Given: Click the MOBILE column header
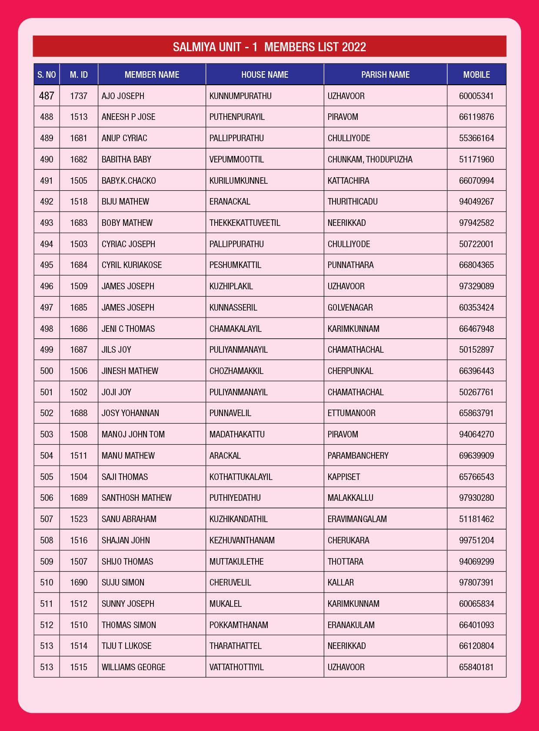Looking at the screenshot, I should click(476, 75).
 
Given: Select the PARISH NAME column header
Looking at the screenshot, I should click(385, 75).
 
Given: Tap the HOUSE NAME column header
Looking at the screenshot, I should click(265, 75).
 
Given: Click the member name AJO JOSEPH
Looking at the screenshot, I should click(123, 96).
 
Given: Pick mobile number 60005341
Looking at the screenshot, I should click(476, 96).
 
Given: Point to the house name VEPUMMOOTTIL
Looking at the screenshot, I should click(236, 159).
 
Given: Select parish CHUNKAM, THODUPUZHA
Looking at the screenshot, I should click(370, 159).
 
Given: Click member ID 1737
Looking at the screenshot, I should click(79, 96).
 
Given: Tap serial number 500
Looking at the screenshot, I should click(47, 371).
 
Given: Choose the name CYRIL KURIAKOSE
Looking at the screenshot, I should click(132, 265).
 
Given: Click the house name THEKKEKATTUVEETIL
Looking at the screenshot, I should click(245, 223).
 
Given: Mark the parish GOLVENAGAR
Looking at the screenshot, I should click(350, 308).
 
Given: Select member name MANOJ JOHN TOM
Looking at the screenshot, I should click(133, 434).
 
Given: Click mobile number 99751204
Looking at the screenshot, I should click(476, 540).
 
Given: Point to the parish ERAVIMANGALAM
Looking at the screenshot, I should click(357, 519).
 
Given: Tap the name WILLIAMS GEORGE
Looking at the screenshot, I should click(133, 667).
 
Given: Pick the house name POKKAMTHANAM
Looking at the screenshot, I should click(239, 625).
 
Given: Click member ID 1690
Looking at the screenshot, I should click(79, 582).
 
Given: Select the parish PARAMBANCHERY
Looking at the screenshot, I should click(358, 456).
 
